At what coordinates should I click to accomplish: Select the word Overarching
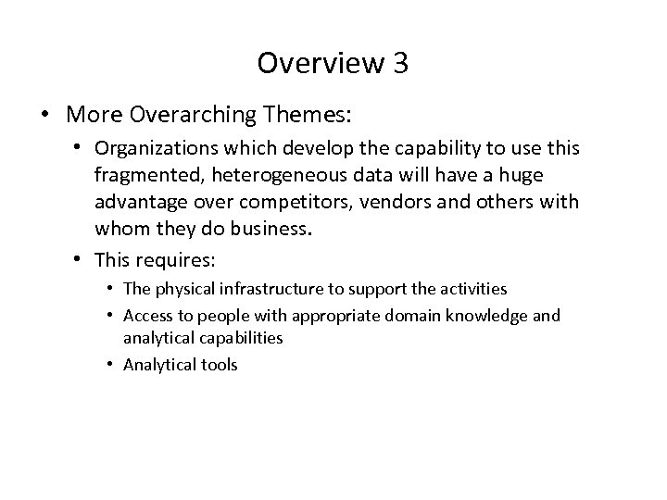click(x=193, y=116)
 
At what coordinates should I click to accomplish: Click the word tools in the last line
click(x=220, y=364)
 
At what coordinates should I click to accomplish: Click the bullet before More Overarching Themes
click(x=45, y=116)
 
